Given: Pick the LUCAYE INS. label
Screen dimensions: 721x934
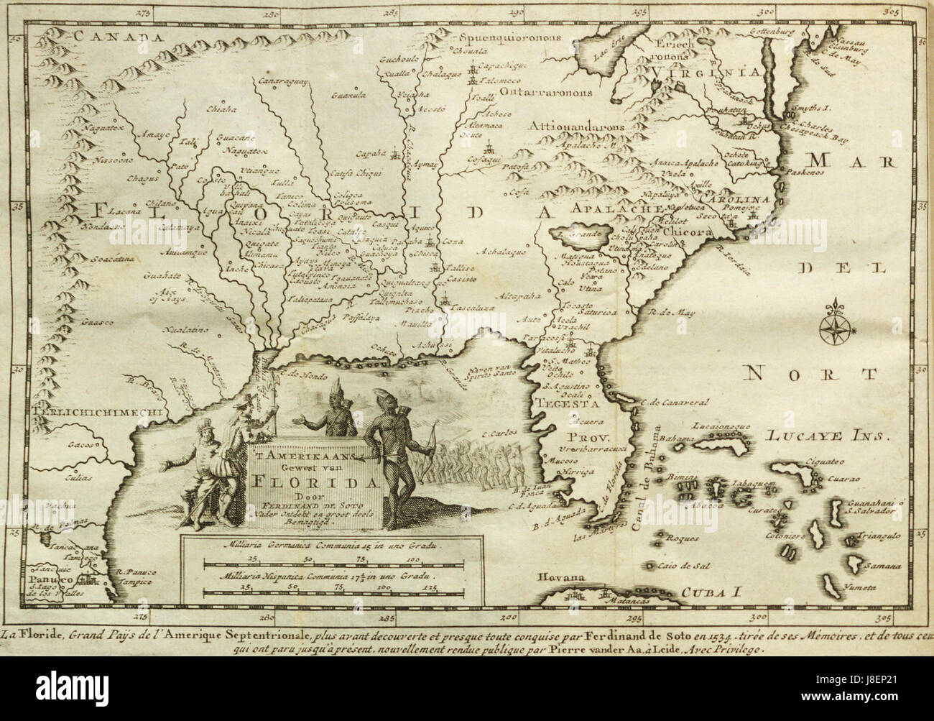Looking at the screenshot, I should pos(826,436).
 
